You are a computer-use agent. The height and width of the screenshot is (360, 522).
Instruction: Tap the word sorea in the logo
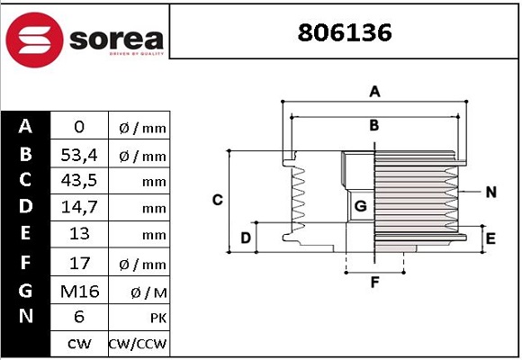coord(114,40)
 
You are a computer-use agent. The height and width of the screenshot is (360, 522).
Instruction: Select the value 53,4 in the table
coord(78,156)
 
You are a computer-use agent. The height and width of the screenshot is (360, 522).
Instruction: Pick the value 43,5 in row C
coord(78,182)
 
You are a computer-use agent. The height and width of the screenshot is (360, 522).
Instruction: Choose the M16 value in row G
coord(78,291)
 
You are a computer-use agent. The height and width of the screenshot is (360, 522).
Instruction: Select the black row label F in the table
coord(25,263)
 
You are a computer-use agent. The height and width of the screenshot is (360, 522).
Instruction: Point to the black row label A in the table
coord(25,127)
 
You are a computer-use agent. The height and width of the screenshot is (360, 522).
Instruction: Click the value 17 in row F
coord(78,264)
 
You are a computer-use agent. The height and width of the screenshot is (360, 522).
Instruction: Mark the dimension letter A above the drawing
coord(375,91)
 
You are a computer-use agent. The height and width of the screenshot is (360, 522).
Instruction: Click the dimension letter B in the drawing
coord(374,125)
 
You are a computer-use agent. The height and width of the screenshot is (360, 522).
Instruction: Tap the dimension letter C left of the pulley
coord(217,199)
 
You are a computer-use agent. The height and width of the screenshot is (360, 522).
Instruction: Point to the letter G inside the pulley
coord(360,206)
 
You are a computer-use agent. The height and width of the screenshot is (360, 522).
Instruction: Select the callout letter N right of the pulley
coord(490,192)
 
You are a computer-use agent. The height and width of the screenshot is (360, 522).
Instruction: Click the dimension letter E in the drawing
coord(490,238)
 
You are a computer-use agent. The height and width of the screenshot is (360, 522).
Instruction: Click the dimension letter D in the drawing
coord(245,238)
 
